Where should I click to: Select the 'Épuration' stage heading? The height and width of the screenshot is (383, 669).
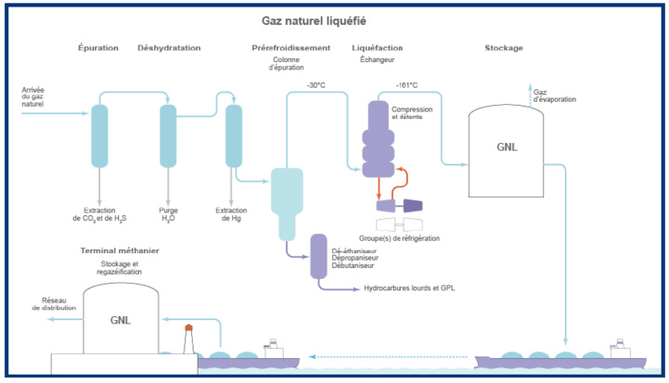98,47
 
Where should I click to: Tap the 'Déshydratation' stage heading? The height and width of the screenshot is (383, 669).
169,47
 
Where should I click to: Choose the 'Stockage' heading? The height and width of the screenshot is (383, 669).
504,47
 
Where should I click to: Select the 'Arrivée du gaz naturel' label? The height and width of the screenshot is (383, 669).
32,97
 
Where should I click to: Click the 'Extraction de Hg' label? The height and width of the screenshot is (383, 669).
230,215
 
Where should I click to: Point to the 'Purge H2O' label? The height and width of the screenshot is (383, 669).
168,215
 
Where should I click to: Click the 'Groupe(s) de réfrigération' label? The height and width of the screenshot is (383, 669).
399,238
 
